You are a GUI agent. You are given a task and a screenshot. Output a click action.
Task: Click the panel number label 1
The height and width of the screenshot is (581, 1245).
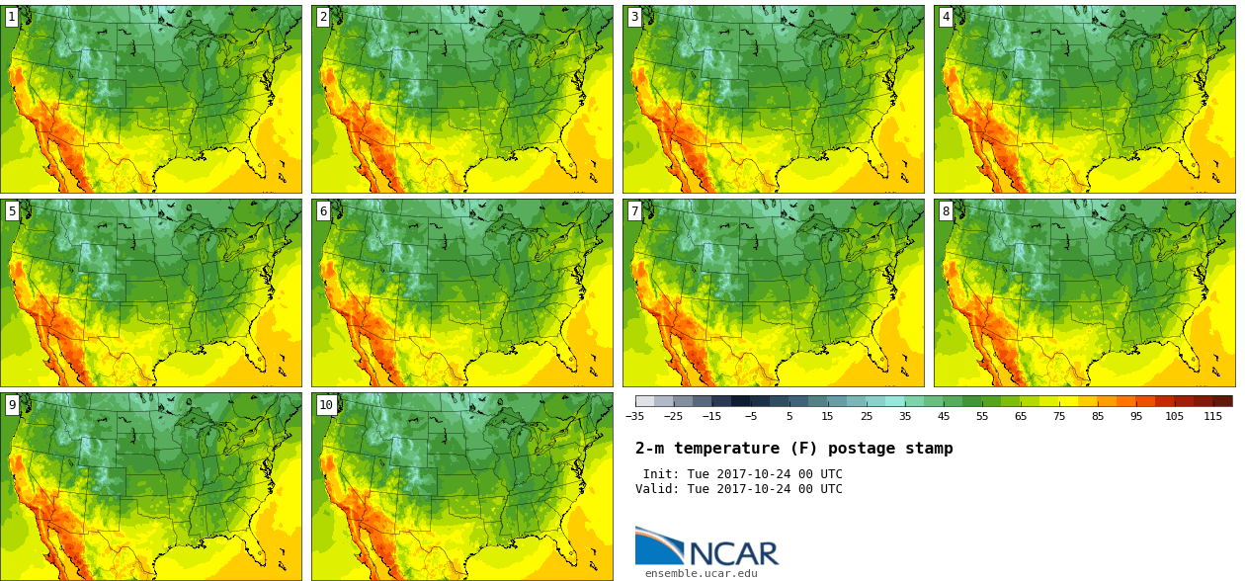coord(12,17)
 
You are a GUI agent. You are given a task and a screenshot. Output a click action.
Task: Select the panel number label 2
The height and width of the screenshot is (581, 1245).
coord(323,17)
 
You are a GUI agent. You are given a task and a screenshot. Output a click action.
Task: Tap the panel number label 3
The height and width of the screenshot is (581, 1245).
coord(634,17)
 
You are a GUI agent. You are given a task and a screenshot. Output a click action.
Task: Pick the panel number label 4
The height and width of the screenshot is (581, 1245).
coord(946,17)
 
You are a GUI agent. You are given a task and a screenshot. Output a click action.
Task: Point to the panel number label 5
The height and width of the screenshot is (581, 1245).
coord(12,211)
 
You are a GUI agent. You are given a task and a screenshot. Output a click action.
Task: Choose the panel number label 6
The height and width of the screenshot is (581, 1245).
coord(323,211)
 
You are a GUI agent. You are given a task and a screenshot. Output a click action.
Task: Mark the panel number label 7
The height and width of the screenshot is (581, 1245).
coord(634,211)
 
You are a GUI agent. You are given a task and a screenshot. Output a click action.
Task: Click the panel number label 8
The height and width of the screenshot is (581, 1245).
coord(946,211)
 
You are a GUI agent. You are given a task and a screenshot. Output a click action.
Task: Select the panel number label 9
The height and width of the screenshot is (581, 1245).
coord(12,405)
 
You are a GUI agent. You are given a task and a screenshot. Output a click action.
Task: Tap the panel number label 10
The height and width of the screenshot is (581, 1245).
coord(326,405)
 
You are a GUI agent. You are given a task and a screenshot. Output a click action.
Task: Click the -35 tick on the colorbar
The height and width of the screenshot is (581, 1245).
coord(634,416)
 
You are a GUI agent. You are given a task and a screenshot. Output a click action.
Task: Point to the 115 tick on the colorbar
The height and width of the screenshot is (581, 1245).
coord(1212,416)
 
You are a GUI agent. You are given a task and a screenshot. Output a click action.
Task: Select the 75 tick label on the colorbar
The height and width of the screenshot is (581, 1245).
coord(1059,416)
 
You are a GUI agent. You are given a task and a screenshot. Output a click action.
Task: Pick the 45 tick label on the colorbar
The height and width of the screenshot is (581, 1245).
coord(944,416)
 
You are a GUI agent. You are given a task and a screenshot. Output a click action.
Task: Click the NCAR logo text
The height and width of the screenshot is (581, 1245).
coord(734,553)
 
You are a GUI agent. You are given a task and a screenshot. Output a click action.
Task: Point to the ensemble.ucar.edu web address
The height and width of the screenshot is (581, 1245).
coord(702,573)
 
